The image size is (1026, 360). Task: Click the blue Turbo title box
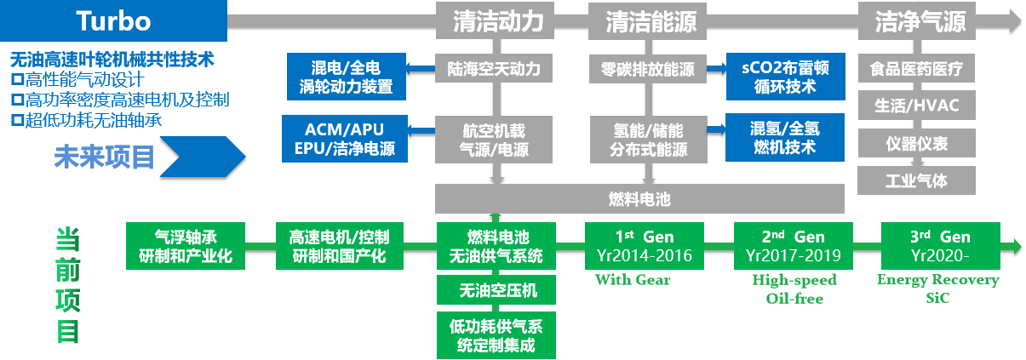113,21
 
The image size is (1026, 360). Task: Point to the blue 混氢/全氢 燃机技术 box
785,138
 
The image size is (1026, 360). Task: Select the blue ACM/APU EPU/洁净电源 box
344,140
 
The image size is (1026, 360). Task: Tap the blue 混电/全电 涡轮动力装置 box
346,77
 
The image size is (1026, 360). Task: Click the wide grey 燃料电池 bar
639,200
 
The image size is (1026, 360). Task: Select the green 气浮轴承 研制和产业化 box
185,246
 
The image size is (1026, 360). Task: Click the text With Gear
632,279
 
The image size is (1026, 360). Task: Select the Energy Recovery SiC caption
937,289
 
